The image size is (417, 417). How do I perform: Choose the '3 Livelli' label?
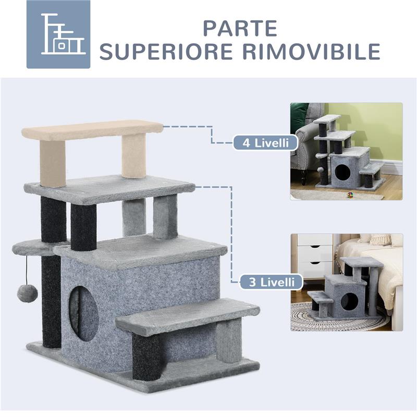pos(272,282)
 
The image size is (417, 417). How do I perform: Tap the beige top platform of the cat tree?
pos(92,130)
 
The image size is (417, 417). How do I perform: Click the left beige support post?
pos(53,163)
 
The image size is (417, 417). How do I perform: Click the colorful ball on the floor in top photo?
pos(349,195)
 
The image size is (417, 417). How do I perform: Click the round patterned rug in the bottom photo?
pos(334,318)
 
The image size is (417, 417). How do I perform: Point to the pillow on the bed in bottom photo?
pos(381,239)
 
